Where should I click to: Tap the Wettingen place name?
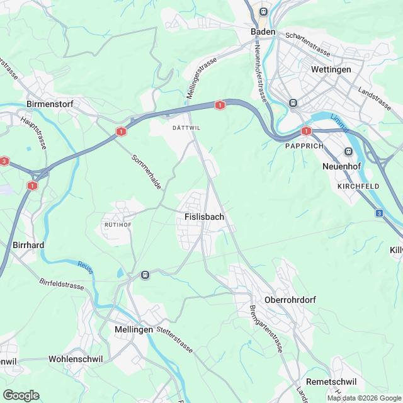(331, 69)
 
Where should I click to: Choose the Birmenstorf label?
(52, 103)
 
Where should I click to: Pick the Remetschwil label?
(331, 382)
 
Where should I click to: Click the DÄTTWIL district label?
(186, 127)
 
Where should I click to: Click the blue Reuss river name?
(86, 268)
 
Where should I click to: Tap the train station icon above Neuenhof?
(348, 151)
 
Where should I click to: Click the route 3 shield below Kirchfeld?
(379, 213)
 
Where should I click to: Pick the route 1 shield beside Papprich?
(306, 131)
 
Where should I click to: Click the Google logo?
(21, 395)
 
